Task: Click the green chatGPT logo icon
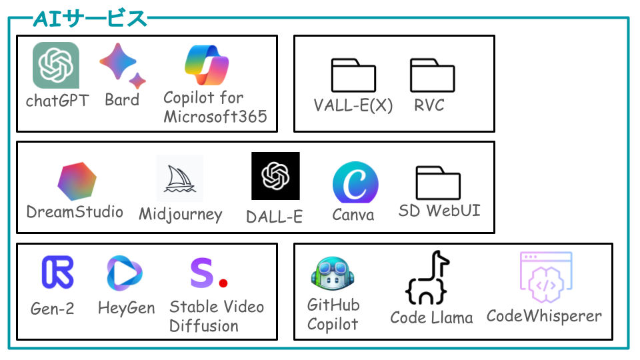[x=56, y=65]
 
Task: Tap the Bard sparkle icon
[x=121, y=65]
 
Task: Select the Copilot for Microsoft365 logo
[x=207, y=65]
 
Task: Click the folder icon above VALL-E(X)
[x=353, y=75]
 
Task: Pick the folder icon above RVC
[x=432, y=75]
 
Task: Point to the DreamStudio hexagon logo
[x=77, y=181]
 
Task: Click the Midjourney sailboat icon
[x=179, y=179]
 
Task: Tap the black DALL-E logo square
[x=275, y=176]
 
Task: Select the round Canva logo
[x=355, y=183]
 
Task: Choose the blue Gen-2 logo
[x=57, y=272]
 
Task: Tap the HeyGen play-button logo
[x=124, y=273]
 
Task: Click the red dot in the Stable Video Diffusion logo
[x=223, y=283]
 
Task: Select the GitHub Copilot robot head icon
[x=332, y=273]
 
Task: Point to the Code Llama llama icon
[x=427, y=277]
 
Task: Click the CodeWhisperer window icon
[x=546, y=277]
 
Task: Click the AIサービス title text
[x=90, y=19]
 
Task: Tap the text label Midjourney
[x=181, y=215]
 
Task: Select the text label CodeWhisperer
[x=544, y=316]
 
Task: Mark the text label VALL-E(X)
[x=353, y=105]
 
